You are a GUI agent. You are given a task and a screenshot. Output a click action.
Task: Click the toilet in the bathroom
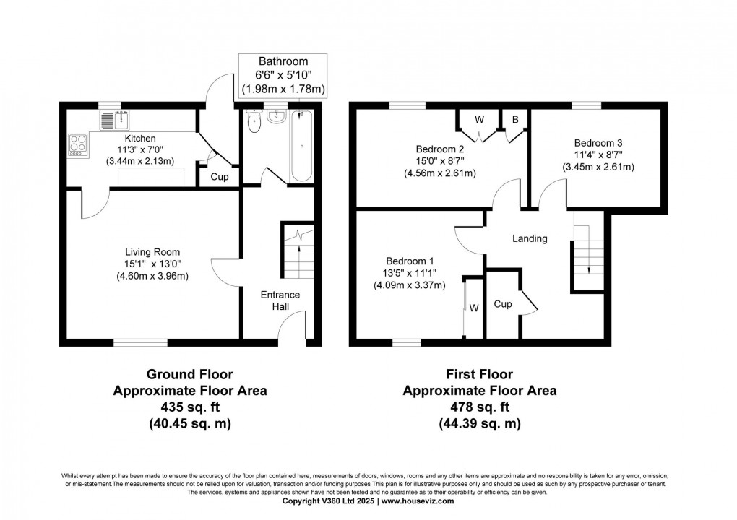(x=254, y=121)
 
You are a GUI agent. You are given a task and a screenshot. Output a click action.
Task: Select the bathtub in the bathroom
(x=301, y=147)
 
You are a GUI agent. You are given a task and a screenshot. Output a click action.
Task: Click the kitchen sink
(x=115, y=120)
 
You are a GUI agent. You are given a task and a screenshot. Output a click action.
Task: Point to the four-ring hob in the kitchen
(x=78, y=144)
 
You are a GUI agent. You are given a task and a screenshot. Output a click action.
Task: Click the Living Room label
(x=152, y=252)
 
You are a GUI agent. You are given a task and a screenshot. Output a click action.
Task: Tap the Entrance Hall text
(x=280, y=300)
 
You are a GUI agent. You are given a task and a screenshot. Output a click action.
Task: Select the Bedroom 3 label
(x=598, y=143)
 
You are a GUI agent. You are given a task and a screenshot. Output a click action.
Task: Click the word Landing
(x=530, y=238)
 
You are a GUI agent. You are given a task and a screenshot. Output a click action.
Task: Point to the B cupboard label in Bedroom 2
(x=515, y=120)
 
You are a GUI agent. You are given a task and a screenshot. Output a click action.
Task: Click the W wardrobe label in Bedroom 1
(x=474, y=308)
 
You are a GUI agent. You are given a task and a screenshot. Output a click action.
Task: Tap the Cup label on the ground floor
(x=220, y=177)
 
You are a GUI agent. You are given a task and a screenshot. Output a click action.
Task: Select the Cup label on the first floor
(x=502, y=304)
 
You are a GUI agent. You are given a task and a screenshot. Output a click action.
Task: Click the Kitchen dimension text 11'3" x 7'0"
(x=140, y=149)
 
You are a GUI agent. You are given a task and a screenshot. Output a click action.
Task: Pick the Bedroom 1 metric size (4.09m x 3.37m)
(x=410, y=285)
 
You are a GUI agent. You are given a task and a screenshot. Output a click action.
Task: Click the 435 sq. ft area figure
(x=190, y=407)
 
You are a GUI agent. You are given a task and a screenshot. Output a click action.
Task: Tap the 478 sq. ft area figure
(x=480, y=407)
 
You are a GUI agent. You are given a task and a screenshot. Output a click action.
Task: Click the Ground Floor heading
(x=190, y=374)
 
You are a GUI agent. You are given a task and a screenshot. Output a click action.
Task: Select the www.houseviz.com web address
(x=418, y=501)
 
